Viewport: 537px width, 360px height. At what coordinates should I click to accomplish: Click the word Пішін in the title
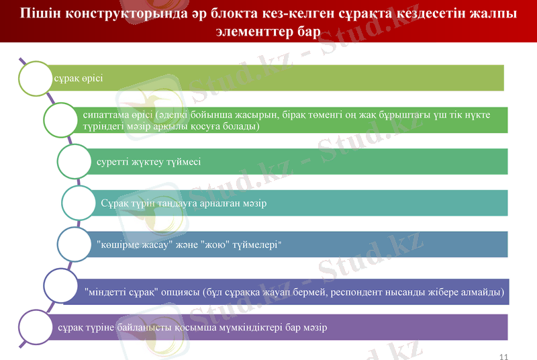pos(38,13)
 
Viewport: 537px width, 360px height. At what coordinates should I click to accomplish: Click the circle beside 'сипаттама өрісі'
pos(63,120)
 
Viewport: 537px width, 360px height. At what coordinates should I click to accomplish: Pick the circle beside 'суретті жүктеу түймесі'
pos(78,161)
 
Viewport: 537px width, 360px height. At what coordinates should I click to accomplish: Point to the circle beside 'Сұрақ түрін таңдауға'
pos(83,202)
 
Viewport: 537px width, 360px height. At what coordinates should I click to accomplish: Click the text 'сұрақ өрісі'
pos(78,78)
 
